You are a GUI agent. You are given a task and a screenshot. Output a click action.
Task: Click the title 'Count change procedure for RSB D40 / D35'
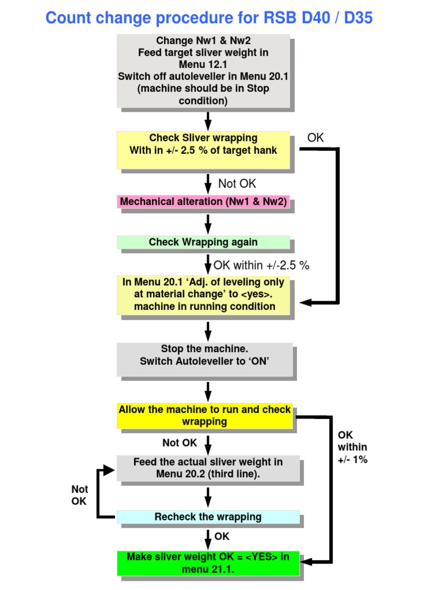(x=209, y=18)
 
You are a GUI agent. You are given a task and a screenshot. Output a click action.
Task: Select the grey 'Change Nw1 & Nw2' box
(x=203, y=70)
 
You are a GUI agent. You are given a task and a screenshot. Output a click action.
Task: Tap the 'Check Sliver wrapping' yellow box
(x=203, y=150)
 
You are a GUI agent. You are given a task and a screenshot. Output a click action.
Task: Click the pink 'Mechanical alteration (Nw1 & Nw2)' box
(x=203, y=202)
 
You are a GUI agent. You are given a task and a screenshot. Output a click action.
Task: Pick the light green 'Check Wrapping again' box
(x=203, y=242)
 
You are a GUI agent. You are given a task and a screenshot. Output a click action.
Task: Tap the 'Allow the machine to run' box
(x=205, y=415)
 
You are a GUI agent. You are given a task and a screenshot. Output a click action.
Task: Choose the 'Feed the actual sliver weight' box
(x=208, y=468)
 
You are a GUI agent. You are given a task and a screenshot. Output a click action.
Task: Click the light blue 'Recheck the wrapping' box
(x=208, y=517)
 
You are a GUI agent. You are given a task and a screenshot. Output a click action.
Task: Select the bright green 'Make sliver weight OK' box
(x=208, y=563)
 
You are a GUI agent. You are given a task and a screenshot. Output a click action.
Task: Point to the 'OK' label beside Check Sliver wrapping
(x=315, y=138)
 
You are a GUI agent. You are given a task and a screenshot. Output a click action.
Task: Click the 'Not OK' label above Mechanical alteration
(x=237, y=184)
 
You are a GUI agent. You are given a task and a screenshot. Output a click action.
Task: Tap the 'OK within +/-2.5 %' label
(x=261, y=266)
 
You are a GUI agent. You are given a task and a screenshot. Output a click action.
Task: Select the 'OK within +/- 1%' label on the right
(x=352, y=447)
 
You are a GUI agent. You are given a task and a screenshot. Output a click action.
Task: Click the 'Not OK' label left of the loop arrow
(x=79, y=495)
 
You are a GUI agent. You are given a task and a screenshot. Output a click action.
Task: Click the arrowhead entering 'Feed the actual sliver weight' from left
(x=110, y=470)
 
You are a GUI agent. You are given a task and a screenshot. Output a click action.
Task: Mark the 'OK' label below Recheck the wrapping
(x=222, y=536)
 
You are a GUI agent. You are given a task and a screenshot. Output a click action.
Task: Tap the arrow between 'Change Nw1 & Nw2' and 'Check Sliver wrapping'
(x=208, y=121)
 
